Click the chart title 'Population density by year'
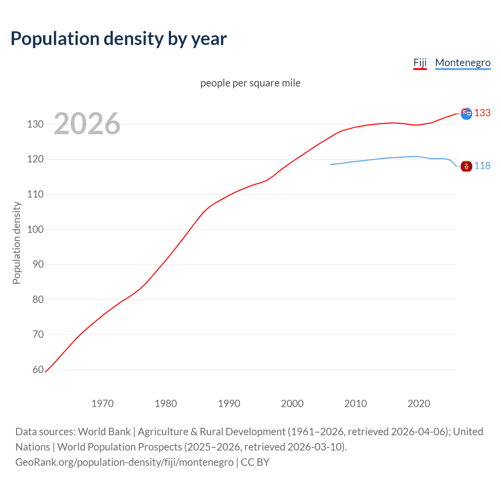119,39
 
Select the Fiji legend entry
420,63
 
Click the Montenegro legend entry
463,63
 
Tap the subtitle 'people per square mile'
250,83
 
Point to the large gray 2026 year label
87,124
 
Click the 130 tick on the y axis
35,124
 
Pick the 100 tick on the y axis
35,229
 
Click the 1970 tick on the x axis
103,404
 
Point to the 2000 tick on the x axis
292,404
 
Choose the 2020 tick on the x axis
419,404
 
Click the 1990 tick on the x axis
229,404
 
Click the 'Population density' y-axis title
16,243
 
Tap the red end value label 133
482,113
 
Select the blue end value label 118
482,166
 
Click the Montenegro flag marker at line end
466,166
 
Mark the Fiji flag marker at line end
466,114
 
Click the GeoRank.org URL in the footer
124,462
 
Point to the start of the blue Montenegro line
331,164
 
